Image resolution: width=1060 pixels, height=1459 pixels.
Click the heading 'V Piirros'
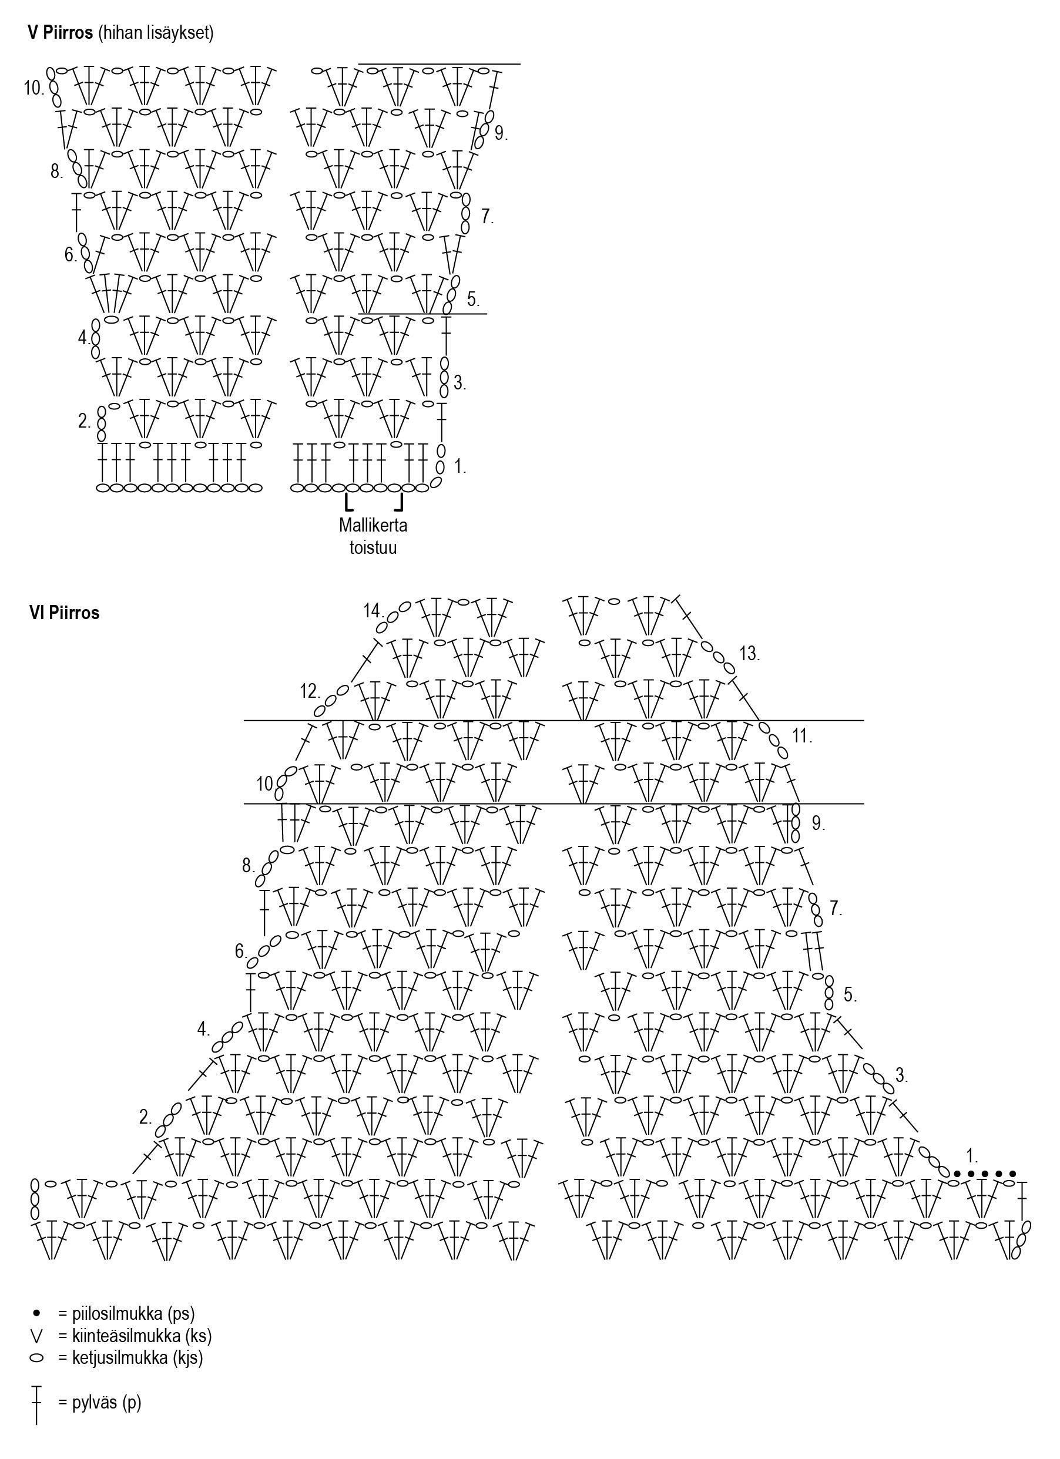pyautogui.click(x=61, y=33)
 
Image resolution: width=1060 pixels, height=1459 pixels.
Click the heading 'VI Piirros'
pyautogui.click(x=65, y=613)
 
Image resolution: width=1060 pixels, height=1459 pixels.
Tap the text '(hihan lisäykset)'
pyautogui.click(x=155, y=33)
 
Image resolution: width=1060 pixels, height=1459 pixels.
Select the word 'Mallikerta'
pyautogui.click(x=373, y=525)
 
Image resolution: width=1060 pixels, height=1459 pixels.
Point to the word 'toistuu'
pyautogui.click(x=373, y=547)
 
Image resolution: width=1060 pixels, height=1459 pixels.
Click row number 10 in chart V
pyautogui.click(x=33, y=88)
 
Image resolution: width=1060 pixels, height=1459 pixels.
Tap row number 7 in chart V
pyautogui.click(x=487, y=217)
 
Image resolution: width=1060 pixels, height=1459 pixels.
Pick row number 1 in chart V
pyautogui.click(x=460, y=467)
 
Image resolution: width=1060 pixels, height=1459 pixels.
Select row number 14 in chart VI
pyautogui.click(x=373, y=610)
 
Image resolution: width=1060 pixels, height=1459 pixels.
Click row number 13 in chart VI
pyautogui.click(x=750, y=654)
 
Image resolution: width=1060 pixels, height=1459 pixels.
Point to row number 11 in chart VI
pyautogui.click(x=802, y=735)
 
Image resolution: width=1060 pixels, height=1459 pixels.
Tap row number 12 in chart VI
pyautogui.click(x=310, y=691)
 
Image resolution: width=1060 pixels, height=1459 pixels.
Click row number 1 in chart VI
pyautogui.click(x=972, y=1156)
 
